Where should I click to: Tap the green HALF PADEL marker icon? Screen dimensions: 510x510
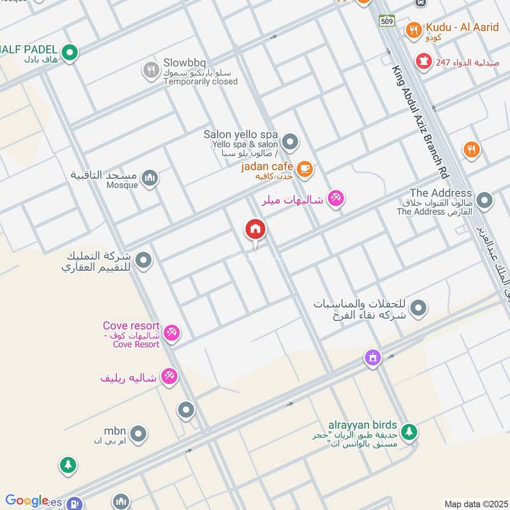pyautogui.click(x=69, y=53)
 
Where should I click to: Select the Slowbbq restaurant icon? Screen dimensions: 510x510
pyautogui.click(x=150, y=70)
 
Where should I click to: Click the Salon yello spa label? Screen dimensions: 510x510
pyautogui.click(x=240, y=135)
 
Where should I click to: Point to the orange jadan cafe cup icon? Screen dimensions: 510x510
pyautogui.click(x=305, y=168)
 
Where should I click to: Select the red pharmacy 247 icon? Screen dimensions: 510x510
pyautogui.click(x=422, y=62)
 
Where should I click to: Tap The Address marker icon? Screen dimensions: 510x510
pyautogui.click(x=484, y=201)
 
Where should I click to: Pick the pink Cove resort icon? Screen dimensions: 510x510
pyautogui.click(x=171, y=333)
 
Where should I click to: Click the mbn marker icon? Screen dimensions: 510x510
pyautogui.click(x=138, y=435)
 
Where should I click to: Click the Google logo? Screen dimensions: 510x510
pyautogui.click(x=26, y=500)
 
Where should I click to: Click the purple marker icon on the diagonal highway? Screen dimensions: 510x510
pyautogui.click(x=373, y=358)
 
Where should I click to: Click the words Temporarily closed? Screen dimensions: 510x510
pyautogui.click(x=200, y=82)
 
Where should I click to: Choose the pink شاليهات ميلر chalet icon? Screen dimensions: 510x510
pyautogui.click(x=336, y=198)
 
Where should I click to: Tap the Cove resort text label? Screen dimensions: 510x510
pyautogui.click(x=136, y=326)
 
